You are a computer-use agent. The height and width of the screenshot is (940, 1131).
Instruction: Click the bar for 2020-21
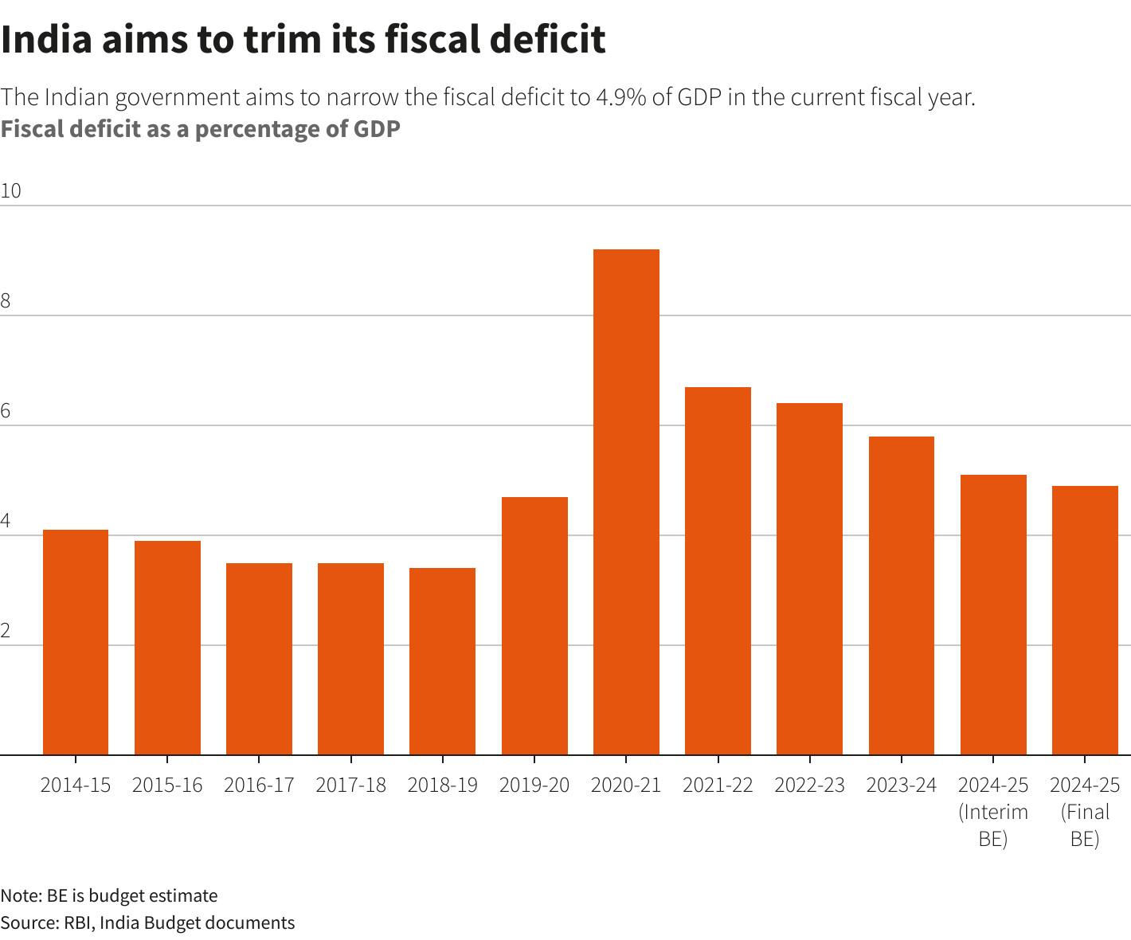[626, 502]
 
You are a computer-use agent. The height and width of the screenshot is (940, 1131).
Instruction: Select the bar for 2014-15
[76, 642]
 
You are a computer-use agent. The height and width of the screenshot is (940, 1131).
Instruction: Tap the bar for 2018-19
[442, 661]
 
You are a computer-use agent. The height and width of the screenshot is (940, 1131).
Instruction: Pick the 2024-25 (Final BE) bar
[1085, 620]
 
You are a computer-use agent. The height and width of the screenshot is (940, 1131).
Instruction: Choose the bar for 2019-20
[534, 625]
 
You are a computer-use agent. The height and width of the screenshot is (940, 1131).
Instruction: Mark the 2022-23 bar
[809, 578]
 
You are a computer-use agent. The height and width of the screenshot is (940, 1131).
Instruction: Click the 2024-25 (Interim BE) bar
[993, 614]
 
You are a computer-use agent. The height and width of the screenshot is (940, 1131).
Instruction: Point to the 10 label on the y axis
[11, 191]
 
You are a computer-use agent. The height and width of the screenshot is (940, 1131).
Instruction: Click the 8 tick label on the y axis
[6, 301]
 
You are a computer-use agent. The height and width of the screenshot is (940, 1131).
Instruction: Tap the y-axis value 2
[6, 631]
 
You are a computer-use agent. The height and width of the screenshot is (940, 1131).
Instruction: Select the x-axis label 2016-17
[259, 785]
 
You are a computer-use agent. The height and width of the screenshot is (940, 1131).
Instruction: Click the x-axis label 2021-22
[718, 785]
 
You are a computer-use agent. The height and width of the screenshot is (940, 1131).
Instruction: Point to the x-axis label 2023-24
[901, 785]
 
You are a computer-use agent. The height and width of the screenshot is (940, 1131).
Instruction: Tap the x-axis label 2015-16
[167, 785]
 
